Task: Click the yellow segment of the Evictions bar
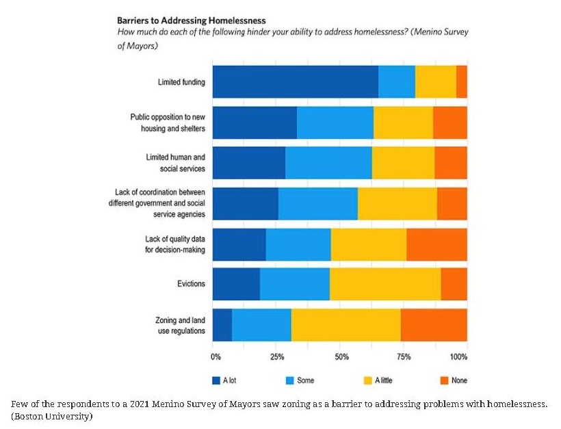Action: [384, 284]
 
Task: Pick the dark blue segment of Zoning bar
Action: [222, 324]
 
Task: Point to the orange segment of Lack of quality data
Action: [436, 244]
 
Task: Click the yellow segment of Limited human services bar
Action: [403, 163]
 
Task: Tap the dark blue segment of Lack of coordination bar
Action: [246, 203]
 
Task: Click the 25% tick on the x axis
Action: [277, 356]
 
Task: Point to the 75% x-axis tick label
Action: [404, 356]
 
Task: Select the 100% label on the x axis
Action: [458, 356]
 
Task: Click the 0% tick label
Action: [216, 356]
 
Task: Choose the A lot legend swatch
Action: [216, 380]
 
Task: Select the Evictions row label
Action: [191, 284]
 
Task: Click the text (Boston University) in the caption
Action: [52, 416]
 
